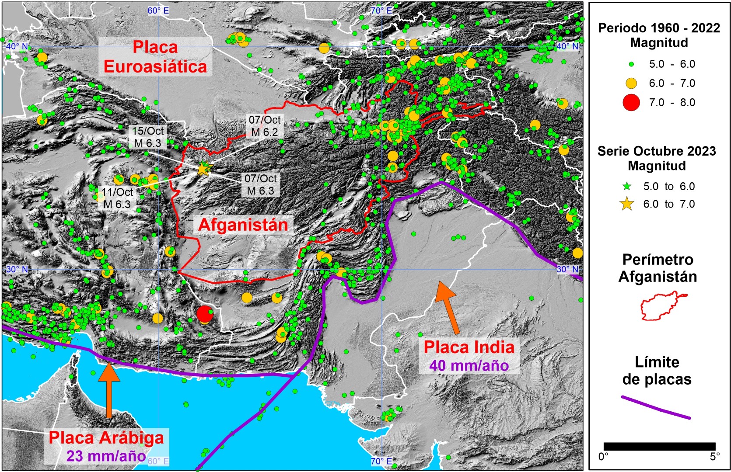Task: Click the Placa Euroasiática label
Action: tap(155, 57)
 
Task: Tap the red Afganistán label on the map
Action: tap(243, 225)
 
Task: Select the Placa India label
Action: tap(469, 347)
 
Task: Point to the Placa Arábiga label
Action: tap(106, 437)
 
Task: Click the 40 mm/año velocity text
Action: tap(469, 365)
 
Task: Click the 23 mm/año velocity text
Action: tap(106, 456)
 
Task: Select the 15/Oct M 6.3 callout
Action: tap(148, 137)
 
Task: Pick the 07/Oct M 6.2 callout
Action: tap(264, 126)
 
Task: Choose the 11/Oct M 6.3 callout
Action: tap(117, 198)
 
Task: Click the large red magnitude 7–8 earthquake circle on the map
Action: tap(204, 314)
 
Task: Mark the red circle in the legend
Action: tap(631, 103)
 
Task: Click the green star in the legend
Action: tap(627, 187)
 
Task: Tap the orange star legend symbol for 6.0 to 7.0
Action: tap(627, 204)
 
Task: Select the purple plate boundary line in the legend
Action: tap(656, 407)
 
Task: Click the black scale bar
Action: tap(659, 446)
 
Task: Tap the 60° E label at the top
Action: tap(158, 10)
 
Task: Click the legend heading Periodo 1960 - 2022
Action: tap(659, 28)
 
